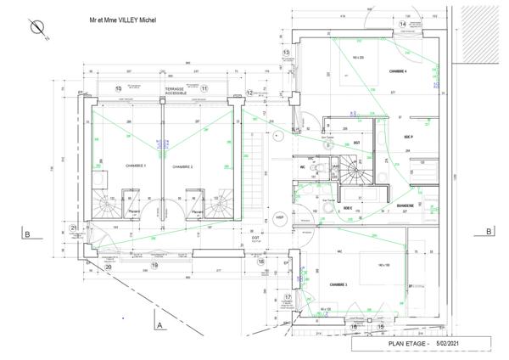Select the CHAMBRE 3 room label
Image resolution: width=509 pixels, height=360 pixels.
pos(339,284)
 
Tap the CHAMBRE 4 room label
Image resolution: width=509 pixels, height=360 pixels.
pos(400,71)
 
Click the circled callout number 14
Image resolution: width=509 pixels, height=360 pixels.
pos(404,24)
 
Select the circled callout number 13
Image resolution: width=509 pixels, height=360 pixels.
pos(287,53)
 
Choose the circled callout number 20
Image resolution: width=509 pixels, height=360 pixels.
pos(108,266)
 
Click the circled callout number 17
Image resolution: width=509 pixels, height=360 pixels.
pos(288,296)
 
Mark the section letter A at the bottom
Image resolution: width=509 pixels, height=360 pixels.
pos(159,324)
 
